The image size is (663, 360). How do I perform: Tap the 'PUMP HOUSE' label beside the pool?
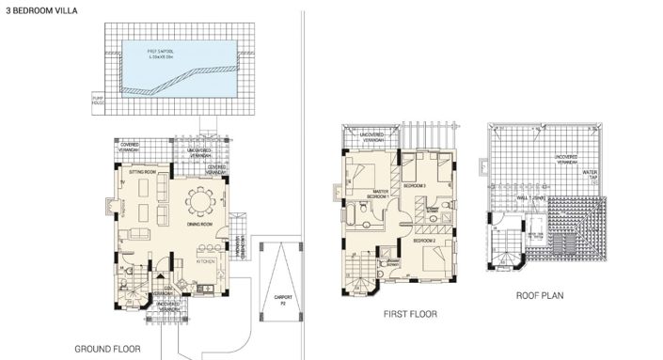click(x=97, y=99)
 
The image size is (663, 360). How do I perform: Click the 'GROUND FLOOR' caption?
click(x=108, y=349)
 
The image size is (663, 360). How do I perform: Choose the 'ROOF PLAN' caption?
click(x=540, y=295)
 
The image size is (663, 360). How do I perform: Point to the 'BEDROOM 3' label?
click(x=415, y=187)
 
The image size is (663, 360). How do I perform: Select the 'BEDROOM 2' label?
click(x=423, y=242)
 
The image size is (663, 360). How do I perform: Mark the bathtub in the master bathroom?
click(x=350, y=218)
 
